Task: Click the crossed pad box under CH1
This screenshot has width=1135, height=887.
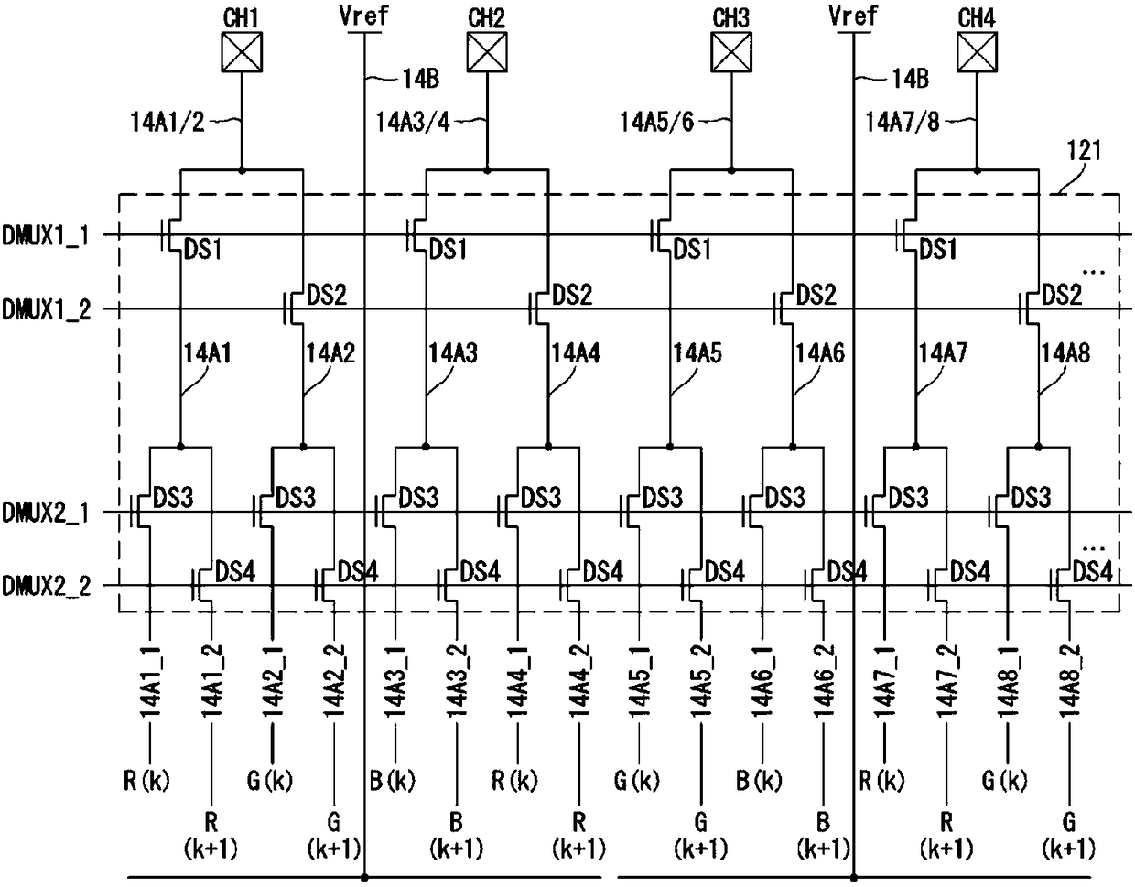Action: click(x=242, y=52)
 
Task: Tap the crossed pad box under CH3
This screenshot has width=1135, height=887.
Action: click(x=731, y=52)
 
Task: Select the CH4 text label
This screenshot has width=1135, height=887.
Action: click(x=977, y=18)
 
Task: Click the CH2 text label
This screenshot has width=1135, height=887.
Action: click(x=486, y=18)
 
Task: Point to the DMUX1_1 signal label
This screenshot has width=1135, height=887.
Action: click(x=46, y=235)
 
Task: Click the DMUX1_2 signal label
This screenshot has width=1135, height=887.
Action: click(x=46, y=309)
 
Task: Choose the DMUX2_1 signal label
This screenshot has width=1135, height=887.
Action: click(x=46, y=513)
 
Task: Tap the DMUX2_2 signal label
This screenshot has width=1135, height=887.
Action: click(x=46, y=586)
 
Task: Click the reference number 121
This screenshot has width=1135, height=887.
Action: click(x=1084, y=151)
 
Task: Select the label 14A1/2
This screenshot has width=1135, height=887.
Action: click(x=168, y=123)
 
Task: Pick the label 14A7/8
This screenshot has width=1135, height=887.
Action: click(x=903, y=123)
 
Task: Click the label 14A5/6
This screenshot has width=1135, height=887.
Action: click(x=657, y=123)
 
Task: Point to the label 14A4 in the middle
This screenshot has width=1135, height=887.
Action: click(x=576, y=353)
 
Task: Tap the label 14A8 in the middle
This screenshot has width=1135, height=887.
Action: click(x=1065, y=353)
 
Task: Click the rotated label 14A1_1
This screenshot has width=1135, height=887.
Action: click(x=150, y=682)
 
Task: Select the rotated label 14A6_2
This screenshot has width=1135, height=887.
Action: click(x=824, y=682)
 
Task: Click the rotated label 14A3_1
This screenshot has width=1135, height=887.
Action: click(x=395, y=682)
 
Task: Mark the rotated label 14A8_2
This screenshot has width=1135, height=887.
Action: click(x=1069, y=682)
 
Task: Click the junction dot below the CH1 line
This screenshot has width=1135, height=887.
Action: click(x=242, y=170)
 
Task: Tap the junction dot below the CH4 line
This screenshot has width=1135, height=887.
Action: click(x=978, y=170)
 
